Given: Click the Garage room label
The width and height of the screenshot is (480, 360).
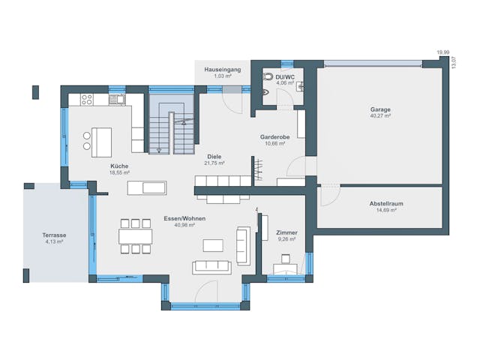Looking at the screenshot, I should (x=380, y=109).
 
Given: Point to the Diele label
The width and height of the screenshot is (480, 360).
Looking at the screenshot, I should (x=214, y=157).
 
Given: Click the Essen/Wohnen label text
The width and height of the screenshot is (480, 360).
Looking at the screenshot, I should (x=184, y=218).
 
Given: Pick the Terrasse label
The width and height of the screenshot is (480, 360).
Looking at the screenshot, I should (x=54, y=235).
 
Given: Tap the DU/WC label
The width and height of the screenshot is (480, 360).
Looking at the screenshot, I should (x=284, y=76).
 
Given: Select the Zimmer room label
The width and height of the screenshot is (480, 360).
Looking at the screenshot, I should (x=286, y=232).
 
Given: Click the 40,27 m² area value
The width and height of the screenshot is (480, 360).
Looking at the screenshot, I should (x=380, y=116).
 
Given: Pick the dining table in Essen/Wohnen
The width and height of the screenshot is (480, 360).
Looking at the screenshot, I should (x=135, y=237).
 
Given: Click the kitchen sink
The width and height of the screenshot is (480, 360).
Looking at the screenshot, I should (x=116, y=99).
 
